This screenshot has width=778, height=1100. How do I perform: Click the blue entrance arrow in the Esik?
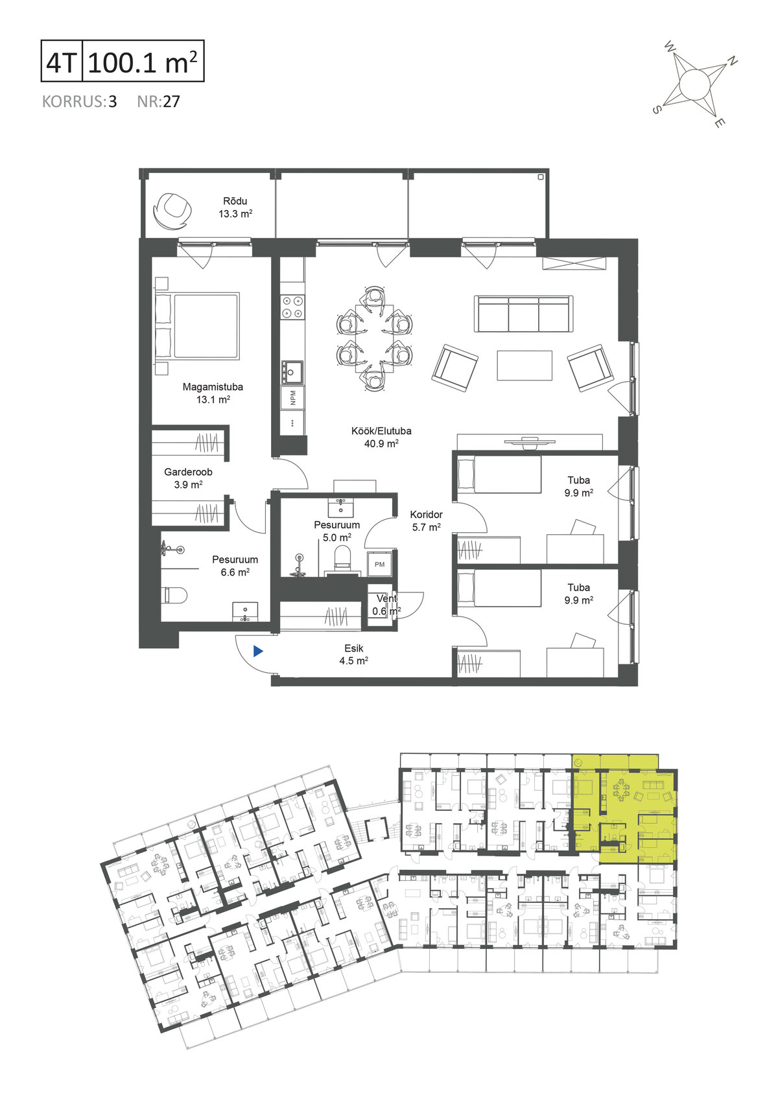pos(258,651)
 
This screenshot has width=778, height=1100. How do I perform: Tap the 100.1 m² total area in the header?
pos(143,62)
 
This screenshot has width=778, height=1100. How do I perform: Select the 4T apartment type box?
pos(62,61)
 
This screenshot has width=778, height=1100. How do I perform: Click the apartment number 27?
pos(171,102)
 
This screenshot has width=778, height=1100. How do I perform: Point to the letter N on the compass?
pos(732,61)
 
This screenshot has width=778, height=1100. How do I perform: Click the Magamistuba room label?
pos(213,386)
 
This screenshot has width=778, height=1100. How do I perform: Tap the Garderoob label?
pos(188,472)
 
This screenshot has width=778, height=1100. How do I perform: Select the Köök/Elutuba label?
pos(381,430)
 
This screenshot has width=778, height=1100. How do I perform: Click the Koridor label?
pos(427,514)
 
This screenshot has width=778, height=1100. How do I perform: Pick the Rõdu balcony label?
pos(235,201)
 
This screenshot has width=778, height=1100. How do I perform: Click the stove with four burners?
pos(292,307)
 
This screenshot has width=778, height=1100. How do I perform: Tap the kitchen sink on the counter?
pos(292,372)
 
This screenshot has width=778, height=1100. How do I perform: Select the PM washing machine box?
pos(380,564)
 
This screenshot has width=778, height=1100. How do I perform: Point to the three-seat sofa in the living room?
pos(524,314)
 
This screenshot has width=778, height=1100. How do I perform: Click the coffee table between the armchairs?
pos(525,366)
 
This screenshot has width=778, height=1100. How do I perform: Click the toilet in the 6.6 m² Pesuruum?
pos(176,595)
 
